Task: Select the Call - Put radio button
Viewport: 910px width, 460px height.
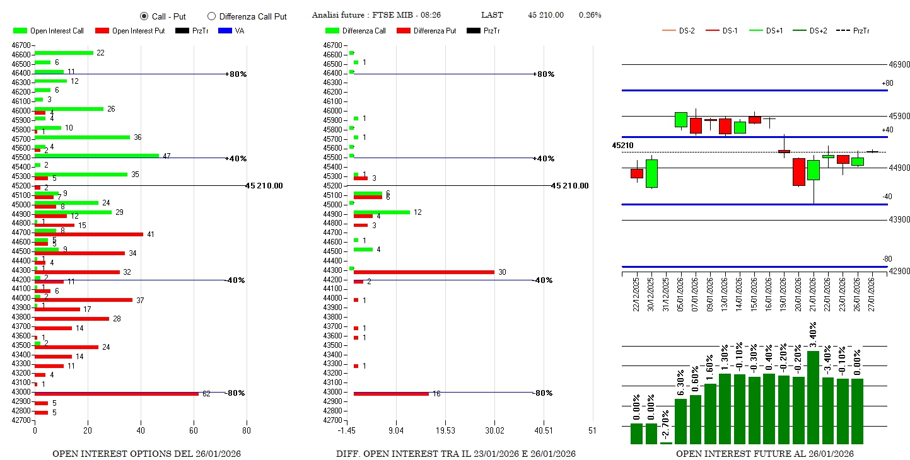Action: [x=144, y=16]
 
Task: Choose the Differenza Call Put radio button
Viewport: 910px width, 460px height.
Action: [x=211, y=16]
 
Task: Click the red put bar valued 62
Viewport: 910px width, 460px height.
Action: [x=117, y=394]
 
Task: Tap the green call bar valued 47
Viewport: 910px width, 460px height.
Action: [x=96, y=155]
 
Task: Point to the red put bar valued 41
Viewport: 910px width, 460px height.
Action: [x=89, y=234]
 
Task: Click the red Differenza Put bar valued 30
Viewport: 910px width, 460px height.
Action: [x=424, y=272]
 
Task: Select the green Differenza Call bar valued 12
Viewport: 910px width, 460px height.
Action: [x=382, y=212]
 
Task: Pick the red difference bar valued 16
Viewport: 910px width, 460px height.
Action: [x=391, y=394]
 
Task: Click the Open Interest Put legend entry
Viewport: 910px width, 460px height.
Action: [x=129, y=31]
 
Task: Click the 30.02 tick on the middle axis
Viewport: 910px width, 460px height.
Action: [x=494, y=431]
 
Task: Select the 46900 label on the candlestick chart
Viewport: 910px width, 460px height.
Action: [x=899, y=64]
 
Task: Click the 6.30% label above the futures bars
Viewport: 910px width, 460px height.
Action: [x=680, y=382]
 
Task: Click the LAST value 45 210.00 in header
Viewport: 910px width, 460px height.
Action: [x=545, y=15]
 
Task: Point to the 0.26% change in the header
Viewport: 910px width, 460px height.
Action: [x=590, y=15]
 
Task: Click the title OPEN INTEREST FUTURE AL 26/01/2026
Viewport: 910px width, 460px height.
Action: [x=764, y=454]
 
